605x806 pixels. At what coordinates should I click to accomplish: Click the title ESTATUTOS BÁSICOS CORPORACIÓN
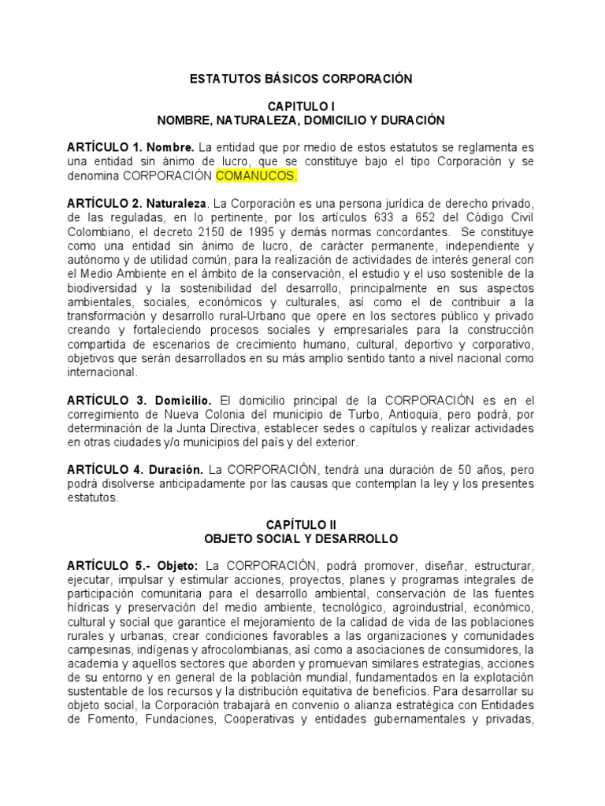302,79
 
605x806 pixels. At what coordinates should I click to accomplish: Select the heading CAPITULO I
302,106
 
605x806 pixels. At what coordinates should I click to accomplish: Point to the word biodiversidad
104,288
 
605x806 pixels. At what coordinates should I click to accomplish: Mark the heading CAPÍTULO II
302,524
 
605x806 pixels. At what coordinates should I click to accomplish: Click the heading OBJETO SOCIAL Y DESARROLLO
302,538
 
